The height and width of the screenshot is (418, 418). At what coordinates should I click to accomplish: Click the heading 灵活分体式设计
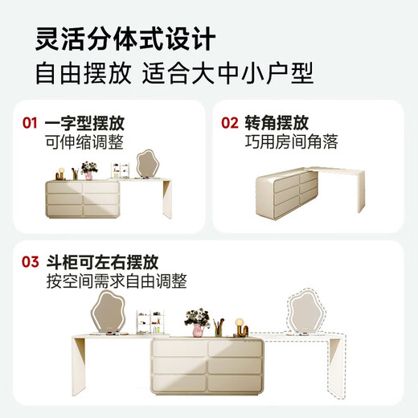pos(125,38)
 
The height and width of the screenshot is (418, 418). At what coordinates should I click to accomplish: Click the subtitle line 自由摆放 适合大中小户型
pos(174,73)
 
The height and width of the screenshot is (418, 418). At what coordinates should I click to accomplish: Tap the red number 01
pos(30,124)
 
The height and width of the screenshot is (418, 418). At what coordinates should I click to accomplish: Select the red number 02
pos(230,124)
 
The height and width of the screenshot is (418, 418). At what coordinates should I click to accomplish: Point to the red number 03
pos(30,262)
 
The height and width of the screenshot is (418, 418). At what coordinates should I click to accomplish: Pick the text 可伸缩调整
pos(84,143)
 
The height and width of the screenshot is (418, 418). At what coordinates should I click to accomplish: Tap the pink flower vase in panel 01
pos(88,171)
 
